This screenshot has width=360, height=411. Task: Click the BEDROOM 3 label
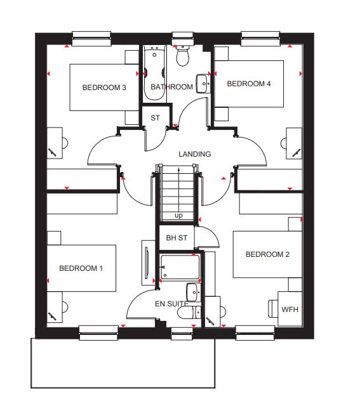click(x=104, y=88)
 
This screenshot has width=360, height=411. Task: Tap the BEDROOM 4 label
click(x=249, y=84)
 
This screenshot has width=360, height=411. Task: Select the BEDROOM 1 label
click(x=81, y=268)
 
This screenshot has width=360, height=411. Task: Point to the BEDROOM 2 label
click(x=268, y=254)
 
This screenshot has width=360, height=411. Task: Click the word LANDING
click(x=195, y=154)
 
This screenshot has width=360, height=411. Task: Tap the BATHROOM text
click(x=171, y=87)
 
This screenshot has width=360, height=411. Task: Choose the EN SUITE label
click(x=171, y=304)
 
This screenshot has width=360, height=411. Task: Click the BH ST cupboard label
click(x=177, y=238)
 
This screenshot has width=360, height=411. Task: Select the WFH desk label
click(x=290, y=310)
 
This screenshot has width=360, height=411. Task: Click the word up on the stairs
click(x=178, y=216)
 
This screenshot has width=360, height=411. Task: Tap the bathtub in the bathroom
click(x=154, y=72)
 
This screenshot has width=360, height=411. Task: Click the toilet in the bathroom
click(x=183, y=55)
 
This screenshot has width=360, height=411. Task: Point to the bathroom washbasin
click(x=203, y=84)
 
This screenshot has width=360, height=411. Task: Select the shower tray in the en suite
click(x=180, y=266)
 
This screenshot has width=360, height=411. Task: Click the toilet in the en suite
click(x=189, y=312)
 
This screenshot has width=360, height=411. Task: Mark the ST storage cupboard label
click(x=155, y=118)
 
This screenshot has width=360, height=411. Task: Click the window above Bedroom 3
click(x=91, y=39)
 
